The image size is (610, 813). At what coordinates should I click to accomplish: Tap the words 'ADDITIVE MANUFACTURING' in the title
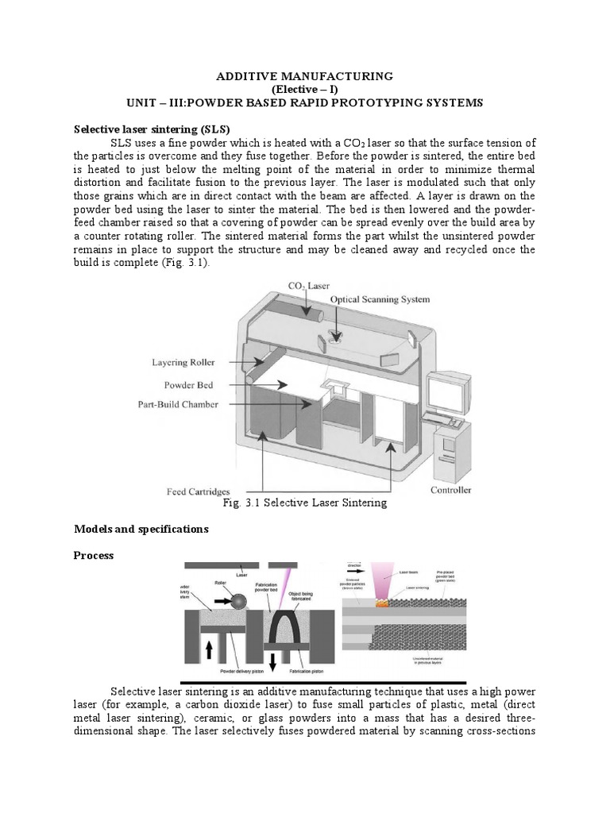[305, 76]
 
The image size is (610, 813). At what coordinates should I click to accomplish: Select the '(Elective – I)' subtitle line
[305, 90]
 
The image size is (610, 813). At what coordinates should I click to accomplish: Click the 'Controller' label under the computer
[450, 489]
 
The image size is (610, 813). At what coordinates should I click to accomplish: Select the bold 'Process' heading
[94, 556]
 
